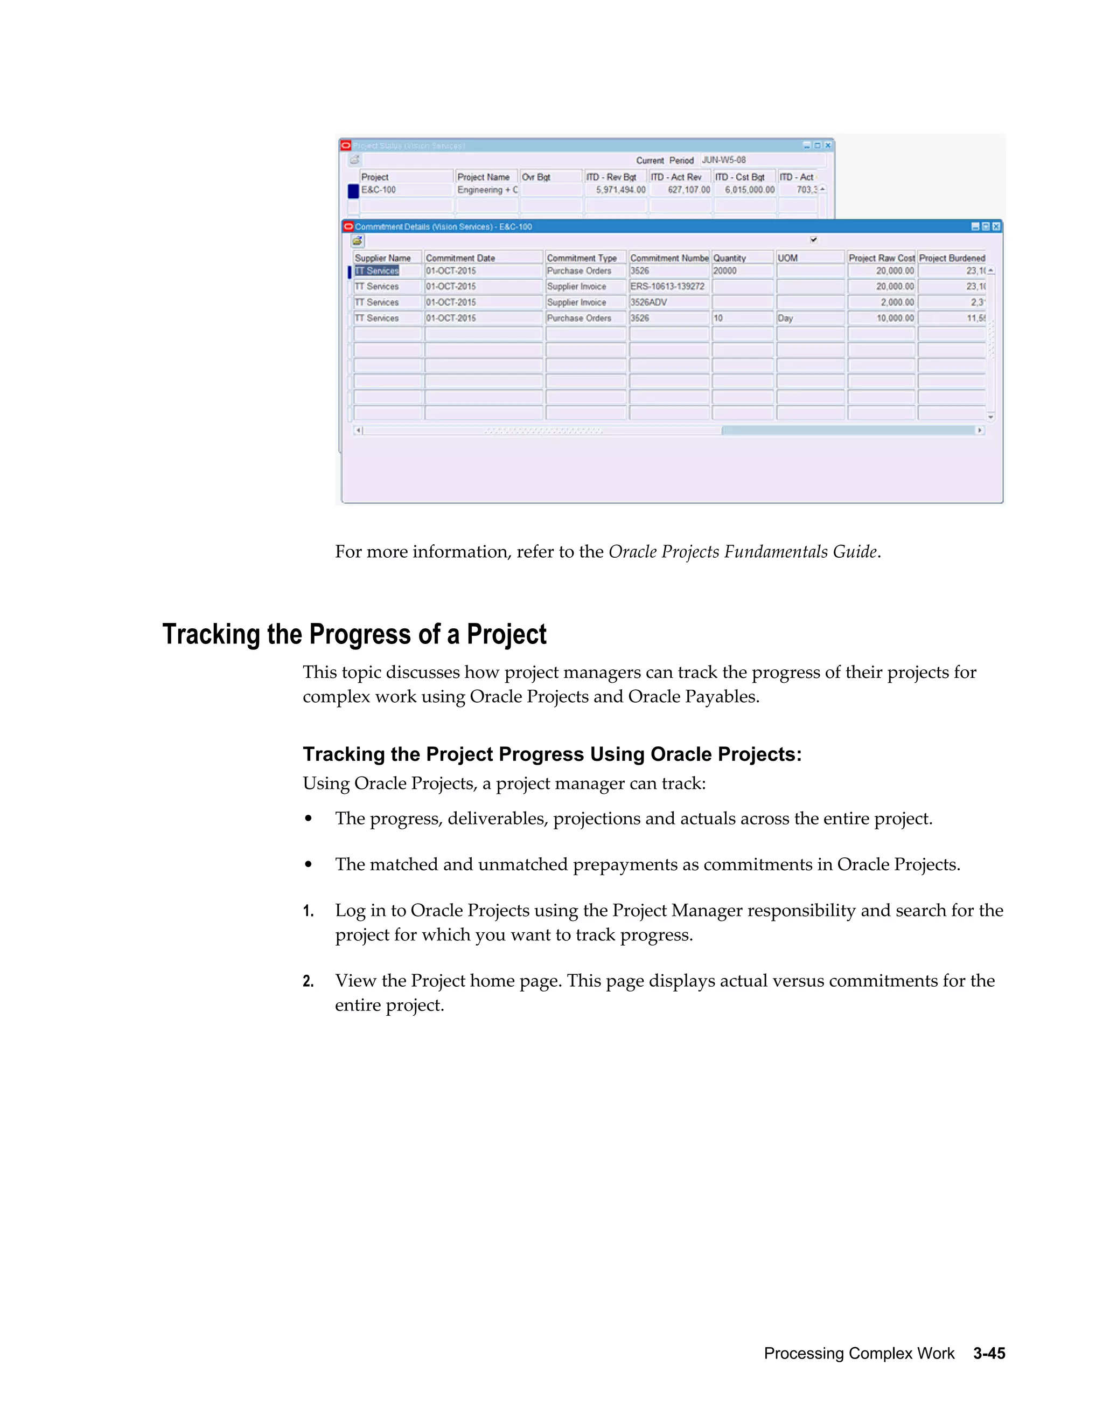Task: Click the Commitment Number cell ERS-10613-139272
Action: pyautogui.click(x=668, y=286)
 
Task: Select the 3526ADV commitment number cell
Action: pyautogui.click(x=668, y=302)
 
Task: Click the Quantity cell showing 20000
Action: pyautogui.click(x=742, y=271)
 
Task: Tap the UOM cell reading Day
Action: pyautogui.click(x=809, y=318)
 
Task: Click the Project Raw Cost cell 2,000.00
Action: pyautogui.click(x=880, y=302)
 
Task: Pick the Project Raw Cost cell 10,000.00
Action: pyautogui.click(x=880, y=318)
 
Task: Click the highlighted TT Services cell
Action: pyautogui.click(x=377, y=271)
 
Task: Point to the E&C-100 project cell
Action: pyautogui.click(x=405, y=190)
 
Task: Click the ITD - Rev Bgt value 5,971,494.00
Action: pyautogui.click(x=616, y=190)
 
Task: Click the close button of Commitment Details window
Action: pyautogui.click(x=996, y=226)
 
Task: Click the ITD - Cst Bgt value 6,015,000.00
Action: pyautogui.click(x=744, y=190)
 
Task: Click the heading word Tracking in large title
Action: pyautogui.click(x=211, y=634)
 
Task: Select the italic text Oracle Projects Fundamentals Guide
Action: pyautogui.click(x=742, y=552)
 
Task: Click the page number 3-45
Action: pyautogui.click(x=989, y=1353)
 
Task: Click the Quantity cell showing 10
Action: pyautogui.click(x=742, y=318)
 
